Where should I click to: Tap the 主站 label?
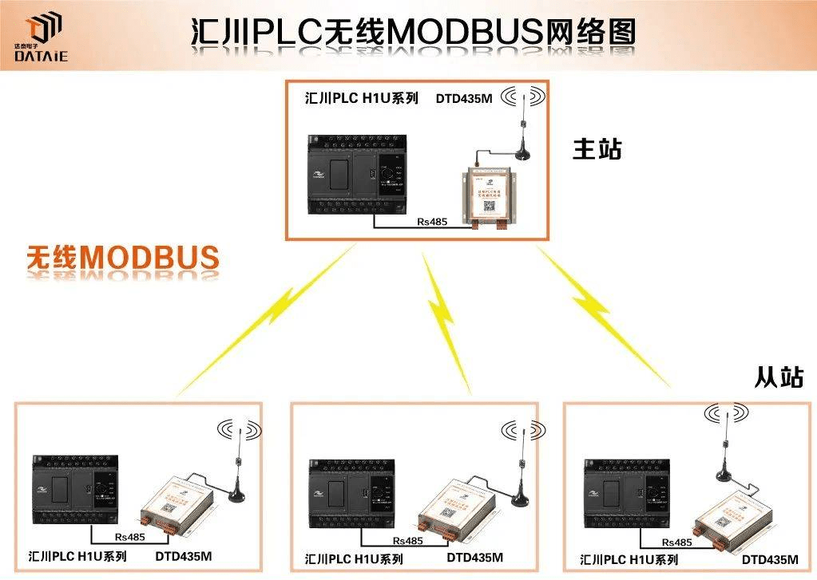point(597,149)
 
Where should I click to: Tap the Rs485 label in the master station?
point(432,221)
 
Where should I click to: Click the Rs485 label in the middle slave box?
point(407,540)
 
